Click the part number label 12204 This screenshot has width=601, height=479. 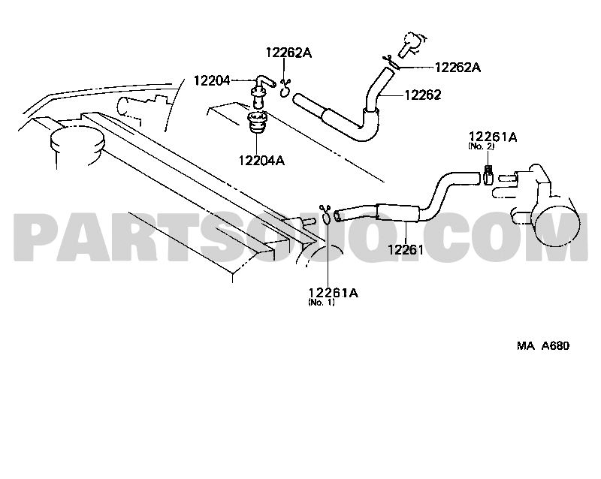pos(212,81)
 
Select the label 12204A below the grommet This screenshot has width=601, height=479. pos(261,160)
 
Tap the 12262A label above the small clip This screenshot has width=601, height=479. pos(288,53)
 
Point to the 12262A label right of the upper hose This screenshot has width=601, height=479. pos(458,68)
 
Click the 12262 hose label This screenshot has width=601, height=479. pos(423,95)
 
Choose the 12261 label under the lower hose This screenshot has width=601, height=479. pos(406,250)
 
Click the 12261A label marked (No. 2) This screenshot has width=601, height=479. pos(493,137)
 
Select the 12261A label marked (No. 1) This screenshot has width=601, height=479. pos(333,293)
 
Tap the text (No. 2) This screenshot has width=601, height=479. pos(481,146)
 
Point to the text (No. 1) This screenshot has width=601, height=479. pos(322,303)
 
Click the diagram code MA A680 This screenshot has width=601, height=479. pos(543,345)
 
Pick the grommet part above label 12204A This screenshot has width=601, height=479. pos(257,122)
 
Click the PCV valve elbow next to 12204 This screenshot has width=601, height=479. pos(261,91)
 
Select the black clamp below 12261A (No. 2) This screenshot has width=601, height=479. pos(488,174)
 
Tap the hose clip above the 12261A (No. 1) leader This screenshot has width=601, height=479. pos(326,215)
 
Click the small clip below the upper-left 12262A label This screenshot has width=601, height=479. pos(285,88)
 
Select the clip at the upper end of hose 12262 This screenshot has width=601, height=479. pos(391,63)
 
